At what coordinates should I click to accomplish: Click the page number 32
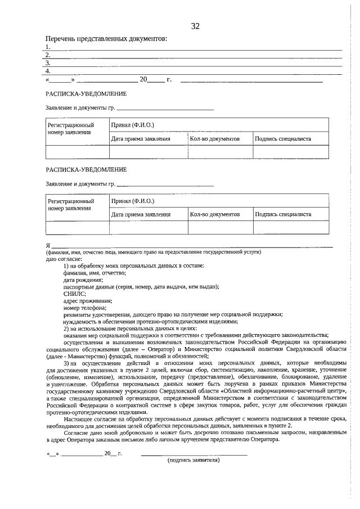195,26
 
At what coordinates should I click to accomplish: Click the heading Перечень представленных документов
106,39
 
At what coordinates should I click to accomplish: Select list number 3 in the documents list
48,63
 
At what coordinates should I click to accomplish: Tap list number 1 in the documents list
48,47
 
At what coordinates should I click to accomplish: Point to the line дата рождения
83,280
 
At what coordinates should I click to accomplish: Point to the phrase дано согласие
64,259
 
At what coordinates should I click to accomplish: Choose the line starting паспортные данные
141,286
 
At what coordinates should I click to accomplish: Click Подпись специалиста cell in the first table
283,138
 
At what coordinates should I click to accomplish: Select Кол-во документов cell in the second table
215,214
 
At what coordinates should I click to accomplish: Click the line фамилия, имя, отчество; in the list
94,273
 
